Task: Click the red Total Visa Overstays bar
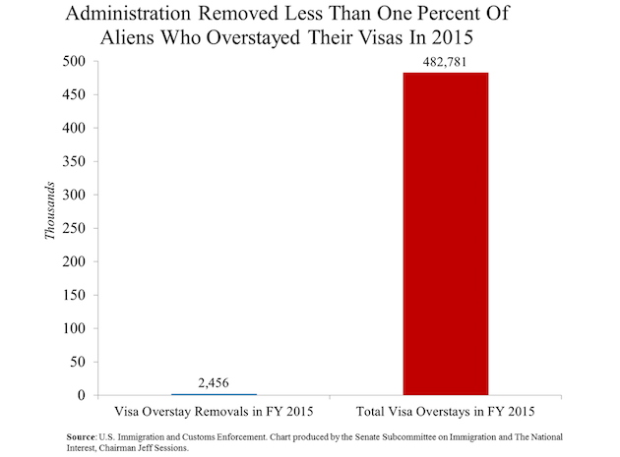click(x=446, y=234)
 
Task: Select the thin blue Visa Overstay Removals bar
click(x=214, y=394)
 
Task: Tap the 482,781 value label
click(x=445, y=62)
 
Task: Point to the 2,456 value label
click(x=214, y=382)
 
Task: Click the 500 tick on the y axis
click(x=74, y=61)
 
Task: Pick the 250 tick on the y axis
click(x=74, y=228)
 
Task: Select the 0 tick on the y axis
click(x=82, y=395)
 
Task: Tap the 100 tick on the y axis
click(x=74, y=328)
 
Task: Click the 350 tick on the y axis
click(x=74, y=161)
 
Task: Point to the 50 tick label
click(x=78, y=362)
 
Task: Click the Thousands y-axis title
click(x=49, y=210)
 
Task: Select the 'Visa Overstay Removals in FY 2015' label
click(x=214, y=412)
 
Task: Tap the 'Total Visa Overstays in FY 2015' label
click(x=446, y=412)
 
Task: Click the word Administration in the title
click(x=128, y=14)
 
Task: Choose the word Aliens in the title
click(x=127, y=37)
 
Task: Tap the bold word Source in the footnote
click(x=81, y=437)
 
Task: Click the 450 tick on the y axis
click(x=74, y=94)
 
